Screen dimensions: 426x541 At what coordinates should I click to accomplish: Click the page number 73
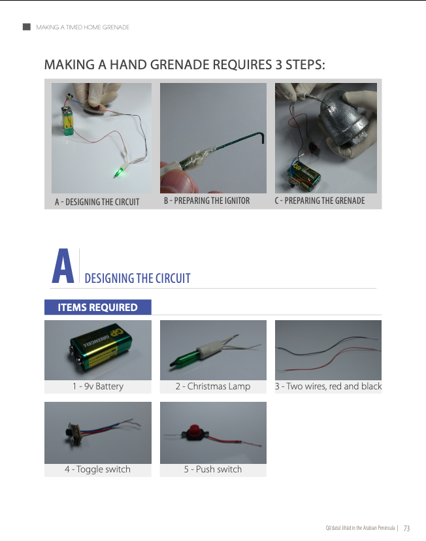406,528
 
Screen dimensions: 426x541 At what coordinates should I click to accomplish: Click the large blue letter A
63,266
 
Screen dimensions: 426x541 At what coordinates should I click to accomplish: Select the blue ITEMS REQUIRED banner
98,307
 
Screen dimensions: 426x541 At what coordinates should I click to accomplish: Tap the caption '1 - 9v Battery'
98,386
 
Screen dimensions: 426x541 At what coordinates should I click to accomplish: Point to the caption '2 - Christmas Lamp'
213,386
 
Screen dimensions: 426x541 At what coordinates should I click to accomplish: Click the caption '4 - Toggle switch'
97,469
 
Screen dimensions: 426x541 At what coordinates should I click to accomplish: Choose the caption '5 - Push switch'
213,469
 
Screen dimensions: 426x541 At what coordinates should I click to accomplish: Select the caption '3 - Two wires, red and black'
328,386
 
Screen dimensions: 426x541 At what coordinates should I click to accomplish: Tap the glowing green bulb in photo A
119,171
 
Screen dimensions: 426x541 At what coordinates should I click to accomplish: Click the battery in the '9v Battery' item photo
101,349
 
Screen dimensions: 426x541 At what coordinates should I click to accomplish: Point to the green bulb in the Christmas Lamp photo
184,358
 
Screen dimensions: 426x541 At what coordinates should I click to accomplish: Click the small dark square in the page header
27,27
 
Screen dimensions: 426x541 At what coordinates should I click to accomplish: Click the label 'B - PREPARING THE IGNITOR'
206,201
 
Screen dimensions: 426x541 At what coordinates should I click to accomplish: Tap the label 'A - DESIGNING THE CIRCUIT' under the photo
97,202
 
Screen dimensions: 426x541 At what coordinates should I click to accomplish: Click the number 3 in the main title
279,65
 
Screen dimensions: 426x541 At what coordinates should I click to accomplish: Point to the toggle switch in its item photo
73,432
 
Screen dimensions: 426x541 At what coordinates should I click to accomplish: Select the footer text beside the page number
360,528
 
